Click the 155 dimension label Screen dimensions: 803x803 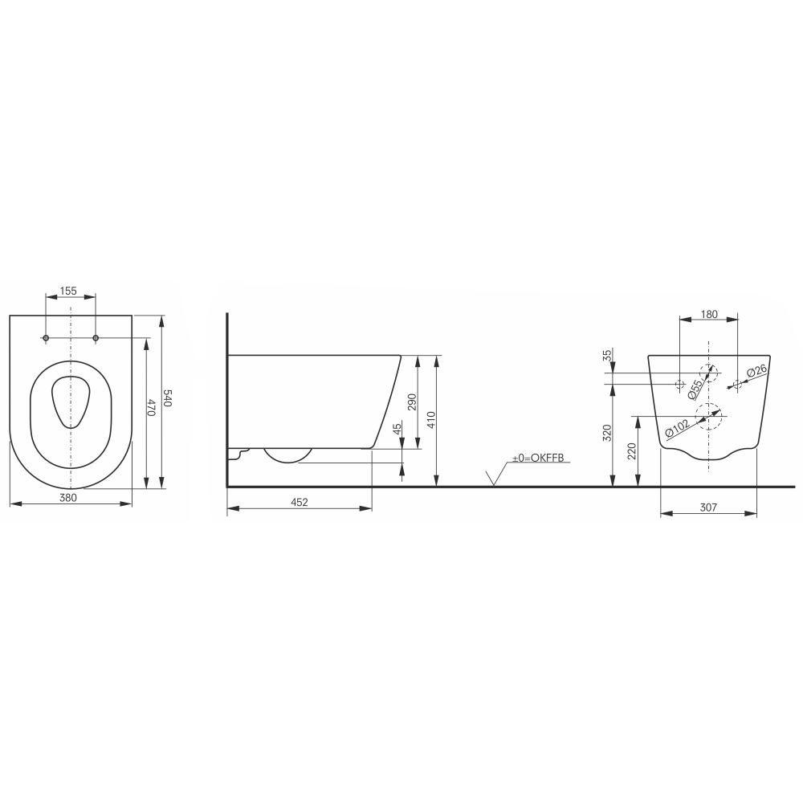68,291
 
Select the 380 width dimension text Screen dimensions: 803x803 68,497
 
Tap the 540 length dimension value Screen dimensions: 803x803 168,398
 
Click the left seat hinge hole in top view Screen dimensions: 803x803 46,338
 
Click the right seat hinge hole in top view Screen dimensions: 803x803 96,338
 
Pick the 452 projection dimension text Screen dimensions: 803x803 300,502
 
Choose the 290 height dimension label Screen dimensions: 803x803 412,402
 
